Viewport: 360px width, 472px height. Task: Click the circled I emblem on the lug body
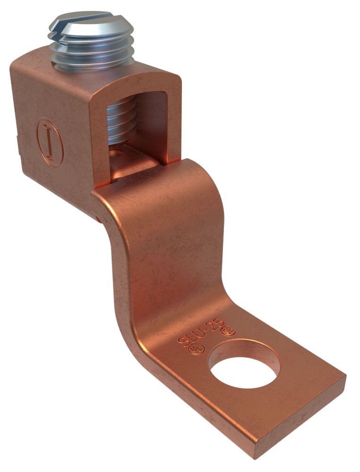click(50, 142)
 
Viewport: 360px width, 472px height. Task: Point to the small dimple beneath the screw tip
click(118, 153)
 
